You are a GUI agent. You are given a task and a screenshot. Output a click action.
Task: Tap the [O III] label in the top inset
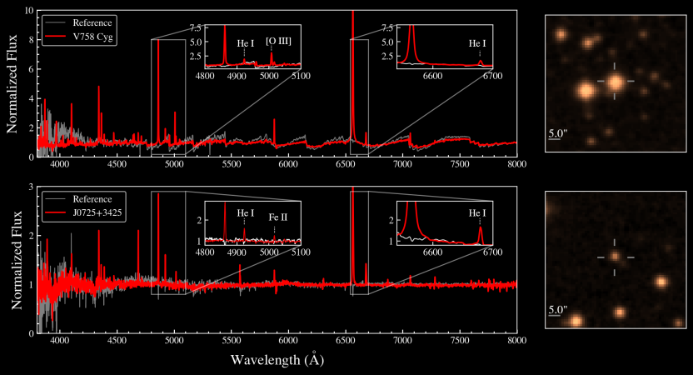point(278,42)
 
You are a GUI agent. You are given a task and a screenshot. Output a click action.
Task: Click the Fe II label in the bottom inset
point(278,217)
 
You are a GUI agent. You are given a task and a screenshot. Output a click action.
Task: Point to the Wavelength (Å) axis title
point(277,358)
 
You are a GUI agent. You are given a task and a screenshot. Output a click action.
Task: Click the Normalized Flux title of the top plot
point(12,83)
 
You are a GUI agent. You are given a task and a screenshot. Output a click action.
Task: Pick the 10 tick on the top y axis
point(29,10)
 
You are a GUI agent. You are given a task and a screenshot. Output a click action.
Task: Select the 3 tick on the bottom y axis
point(31,187)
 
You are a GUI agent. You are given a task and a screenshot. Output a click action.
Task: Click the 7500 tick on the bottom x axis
point(460,341)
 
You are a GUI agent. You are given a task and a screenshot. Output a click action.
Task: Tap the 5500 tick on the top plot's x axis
point(232,164)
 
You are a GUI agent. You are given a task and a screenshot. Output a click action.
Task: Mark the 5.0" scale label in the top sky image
point(558,132)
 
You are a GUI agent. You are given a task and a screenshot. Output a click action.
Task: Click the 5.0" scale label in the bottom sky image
point(558,309)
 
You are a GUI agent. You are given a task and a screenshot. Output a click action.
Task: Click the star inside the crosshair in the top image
point(615,82)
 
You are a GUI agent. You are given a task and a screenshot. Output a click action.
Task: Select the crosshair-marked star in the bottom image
point(615,256)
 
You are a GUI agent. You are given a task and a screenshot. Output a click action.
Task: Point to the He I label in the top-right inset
point(477,43)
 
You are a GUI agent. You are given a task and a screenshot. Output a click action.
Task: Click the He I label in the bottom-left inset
point(245,213)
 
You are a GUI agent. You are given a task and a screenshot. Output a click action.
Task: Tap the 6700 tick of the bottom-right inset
point(492,252)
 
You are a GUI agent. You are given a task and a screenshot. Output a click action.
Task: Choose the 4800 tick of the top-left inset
point(205,76)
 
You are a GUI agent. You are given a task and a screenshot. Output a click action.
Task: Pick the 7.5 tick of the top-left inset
point(196,27)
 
